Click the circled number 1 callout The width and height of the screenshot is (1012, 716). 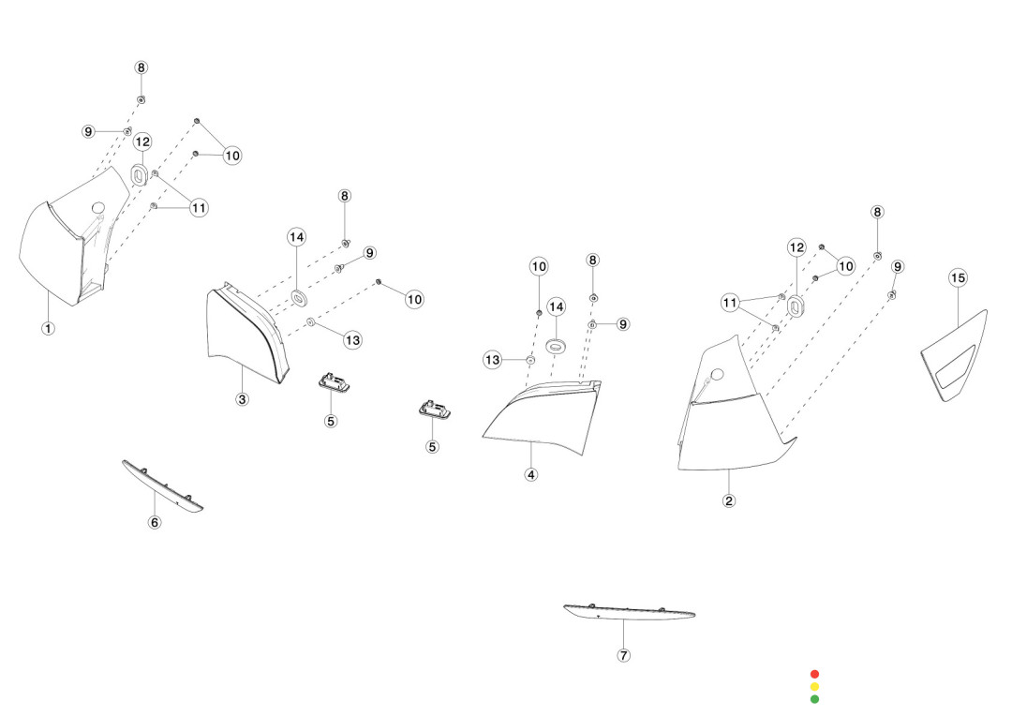[x=48, y=328]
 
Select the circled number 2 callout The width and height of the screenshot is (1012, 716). [x=729, y=500]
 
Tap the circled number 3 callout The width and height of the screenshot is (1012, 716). [x=243, y=399]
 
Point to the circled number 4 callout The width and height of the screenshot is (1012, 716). [x=531, y=474]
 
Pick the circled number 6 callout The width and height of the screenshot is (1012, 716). [x=156, y=522]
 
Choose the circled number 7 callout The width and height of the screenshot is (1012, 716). [x=624, y=655]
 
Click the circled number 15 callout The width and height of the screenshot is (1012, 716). [x=958, y=277]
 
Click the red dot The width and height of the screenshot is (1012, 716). [x=814, y=674]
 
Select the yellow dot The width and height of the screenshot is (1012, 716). [x=814, y=687]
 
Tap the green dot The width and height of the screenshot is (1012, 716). [x=814, y=699]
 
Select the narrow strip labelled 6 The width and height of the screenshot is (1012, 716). [x=163, y=486]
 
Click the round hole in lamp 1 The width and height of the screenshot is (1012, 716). [x=98, y=207]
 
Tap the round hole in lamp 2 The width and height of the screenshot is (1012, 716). [x=718, y=375]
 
